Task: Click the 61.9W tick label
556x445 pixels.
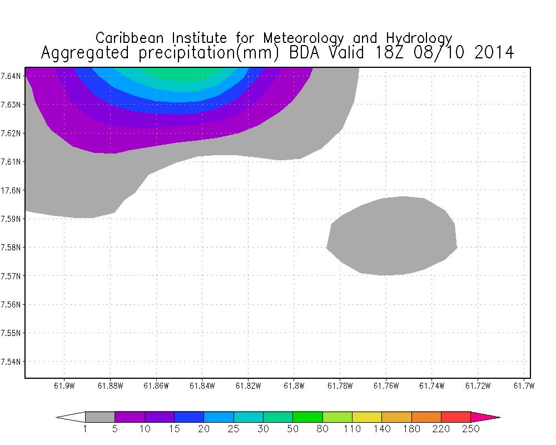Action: pos(64,386)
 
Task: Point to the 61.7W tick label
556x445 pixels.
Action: pos(523,386)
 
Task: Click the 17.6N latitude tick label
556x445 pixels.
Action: pos(12,190)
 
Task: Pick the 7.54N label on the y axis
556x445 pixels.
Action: pos(12,362)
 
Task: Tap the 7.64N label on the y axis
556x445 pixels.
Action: pos(12,76)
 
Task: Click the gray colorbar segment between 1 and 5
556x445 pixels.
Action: pos(100,417)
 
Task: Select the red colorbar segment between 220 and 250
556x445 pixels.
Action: pos(456,417)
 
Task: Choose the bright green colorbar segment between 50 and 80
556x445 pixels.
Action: pos(307,417)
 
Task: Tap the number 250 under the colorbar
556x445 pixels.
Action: pos(471,429)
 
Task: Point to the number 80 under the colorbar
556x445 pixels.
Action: pos(322,429)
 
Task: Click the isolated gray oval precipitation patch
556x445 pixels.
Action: pos(392,236)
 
